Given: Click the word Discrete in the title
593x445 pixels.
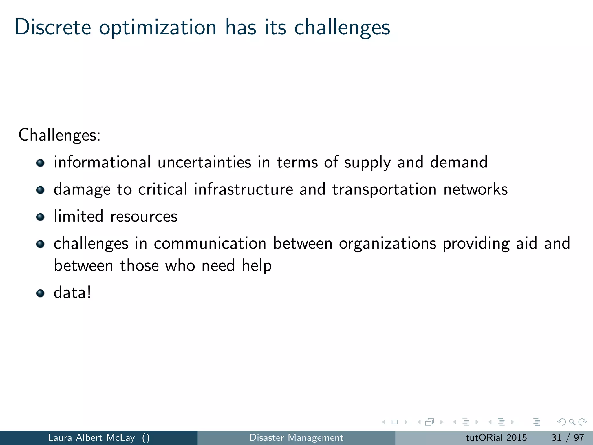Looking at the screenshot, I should coord(53,27).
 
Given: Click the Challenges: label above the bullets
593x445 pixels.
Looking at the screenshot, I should coord(59,135).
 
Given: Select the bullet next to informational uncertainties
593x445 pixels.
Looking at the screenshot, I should coord(40,163).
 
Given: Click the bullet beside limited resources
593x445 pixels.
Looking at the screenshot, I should coord(40,217).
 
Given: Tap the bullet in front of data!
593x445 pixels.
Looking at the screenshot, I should coord(40,293).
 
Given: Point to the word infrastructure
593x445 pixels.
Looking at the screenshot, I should coord(244,189).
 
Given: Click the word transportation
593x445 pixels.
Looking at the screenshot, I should coord(384,190).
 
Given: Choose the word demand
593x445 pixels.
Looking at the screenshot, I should coord(459,162).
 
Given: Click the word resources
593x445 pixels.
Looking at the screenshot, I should coord(144,217).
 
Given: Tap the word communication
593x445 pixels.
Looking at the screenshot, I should coord(210,243).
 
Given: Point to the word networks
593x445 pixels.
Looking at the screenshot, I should coord(475,189).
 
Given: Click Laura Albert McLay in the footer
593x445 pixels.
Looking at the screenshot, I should coord(91,437).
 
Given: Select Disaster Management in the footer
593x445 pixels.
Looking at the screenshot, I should coord(296,437).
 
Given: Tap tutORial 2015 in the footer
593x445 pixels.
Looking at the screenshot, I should coord(496,437).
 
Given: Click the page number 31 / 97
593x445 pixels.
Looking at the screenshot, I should coord(568,437).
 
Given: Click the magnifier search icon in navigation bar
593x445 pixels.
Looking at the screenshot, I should coord(572,422).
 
